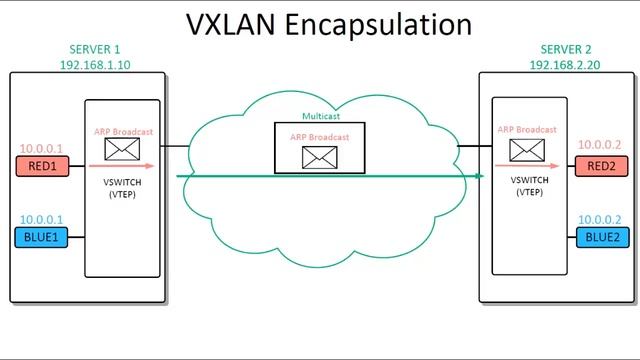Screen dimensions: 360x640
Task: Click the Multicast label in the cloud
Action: pyautogui.click(x=321, y=117)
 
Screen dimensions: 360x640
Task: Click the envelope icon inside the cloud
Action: pyautogui.click(x=320, y=155)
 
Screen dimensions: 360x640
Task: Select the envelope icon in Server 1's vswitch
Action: pyautogui.click(x=121, y=150)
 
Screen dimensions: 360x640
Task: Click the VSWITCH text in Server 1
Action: pyautogui.click(x=121, y=183)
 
